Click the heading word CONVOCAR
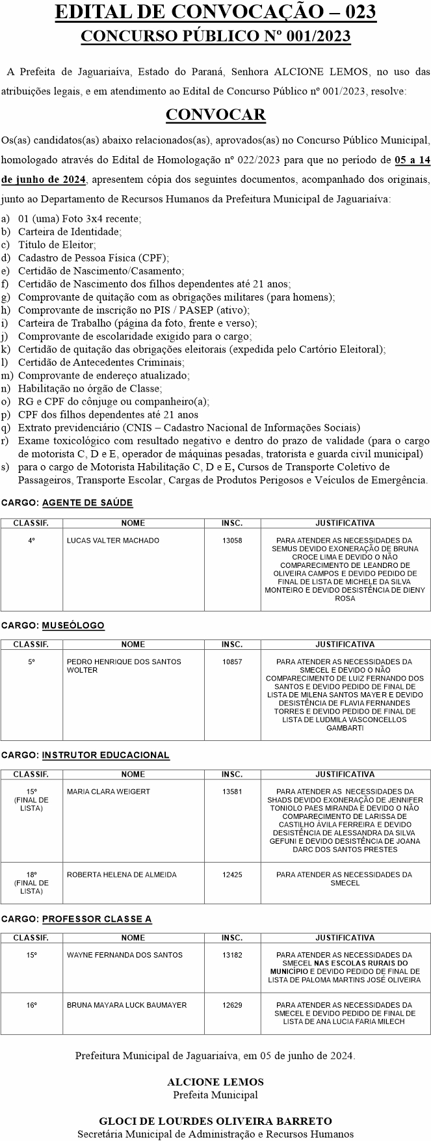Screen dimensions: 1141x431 [x=215, y=115]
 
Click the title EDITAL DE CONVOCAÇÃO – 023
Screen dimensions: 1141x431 [x=215, y=12]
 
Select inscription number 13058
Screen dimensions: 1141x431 [x=232, y=541]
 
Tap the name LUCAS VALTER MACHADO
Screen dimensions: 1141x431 [x=113, y=541]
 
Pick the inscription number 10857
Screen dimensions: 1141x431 [x=232, y=662]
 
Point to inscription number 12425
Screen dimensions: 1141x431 [x=232, y=875]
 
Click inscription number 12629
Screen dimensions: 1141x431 [x=232, y=1005]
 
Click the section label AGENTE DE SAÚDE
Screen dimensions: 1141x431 [x=87, y=503]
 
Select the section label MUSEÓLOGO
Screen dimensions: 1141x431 [x=73, y=625]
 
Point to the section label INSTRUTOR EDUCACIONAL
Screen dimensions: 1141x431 [x=105, y=755]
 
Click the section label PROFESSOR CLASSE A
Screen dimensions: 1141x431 [x=97, y=919]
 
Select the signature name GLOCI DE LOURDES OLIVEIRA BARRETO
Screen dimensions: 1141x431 [x=215, y=1121]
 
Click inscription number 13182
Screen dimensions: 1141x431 [x=232, y=955]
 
